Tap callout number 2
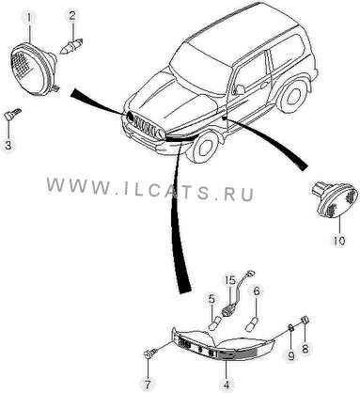coord(72,16)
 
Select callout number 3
coord(8,145)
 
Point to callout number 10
coord(339,241)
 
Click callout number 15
coord(229,280)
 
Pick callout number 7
coord(148,384)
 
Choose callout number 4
coord(227,384)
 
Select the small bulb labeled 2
coord(71,47)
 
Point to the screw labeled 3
coord(12,114)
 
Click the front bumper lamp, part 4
coord(224,344)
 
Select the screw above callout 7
coord(149,354)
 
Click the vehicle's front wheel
coord(206,147)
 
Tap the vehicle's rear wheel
coord(294,96)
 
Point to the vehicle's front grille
coord(145,126)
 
